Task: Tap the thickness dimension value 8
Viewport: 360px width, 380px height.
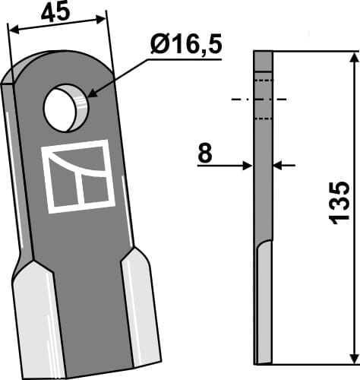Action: click(x=204, y=154)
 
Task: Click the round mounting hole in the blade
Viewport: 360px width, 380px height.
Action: click(x=66, y=109)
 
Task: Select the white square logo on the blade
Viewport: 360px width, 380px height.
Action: click(x=77, y=176)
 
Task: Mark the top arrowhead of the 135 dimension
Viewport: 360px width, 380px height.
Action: click(x=352, y=58)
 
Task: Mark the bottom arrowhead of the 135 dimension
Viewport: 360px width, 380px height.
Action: click(x=352, y=356)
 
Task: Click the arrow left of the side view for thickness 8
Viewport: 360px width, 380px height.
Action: click(x=247, y=164)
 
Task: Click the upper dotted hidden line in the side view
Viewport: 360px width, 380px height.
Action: click(x=263, y=79)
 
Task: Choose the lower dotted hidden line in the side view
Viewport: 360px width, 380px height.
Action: click(x=263, y=118)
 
